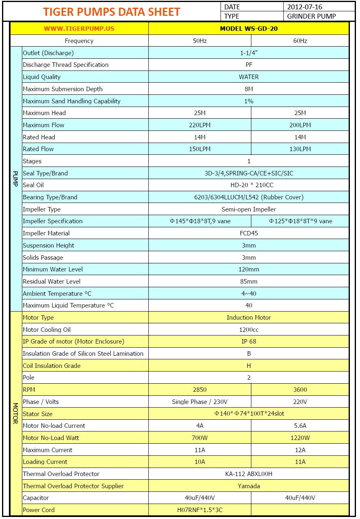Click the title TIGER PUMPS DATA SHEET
pos(111,12)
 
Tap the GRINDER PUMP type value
pos(311,17)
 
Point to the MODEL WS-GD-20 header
pos(249,29)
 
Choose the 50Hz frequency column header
pos(199,41)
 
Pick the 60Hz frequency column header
pos(300,41)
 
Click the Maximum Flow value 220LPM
pos(199,125)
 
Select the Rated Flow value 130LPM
pos(300,149)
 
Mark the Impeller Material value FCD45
pos(249,233)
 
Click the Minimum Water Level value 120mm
pos(249,269)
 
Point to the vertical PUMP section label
pos(15,179)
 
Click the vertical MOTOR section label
pos(15,413)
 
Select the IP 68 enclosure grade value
pos(249,342)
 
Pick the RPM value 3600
pos(300,390)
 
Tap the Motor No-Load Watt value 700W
pos(199,438)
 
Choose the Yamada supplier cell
pos(249,486)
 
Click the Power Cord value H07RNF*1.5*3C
pos(199,510)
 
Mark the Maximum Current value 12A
pos(300,450)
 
